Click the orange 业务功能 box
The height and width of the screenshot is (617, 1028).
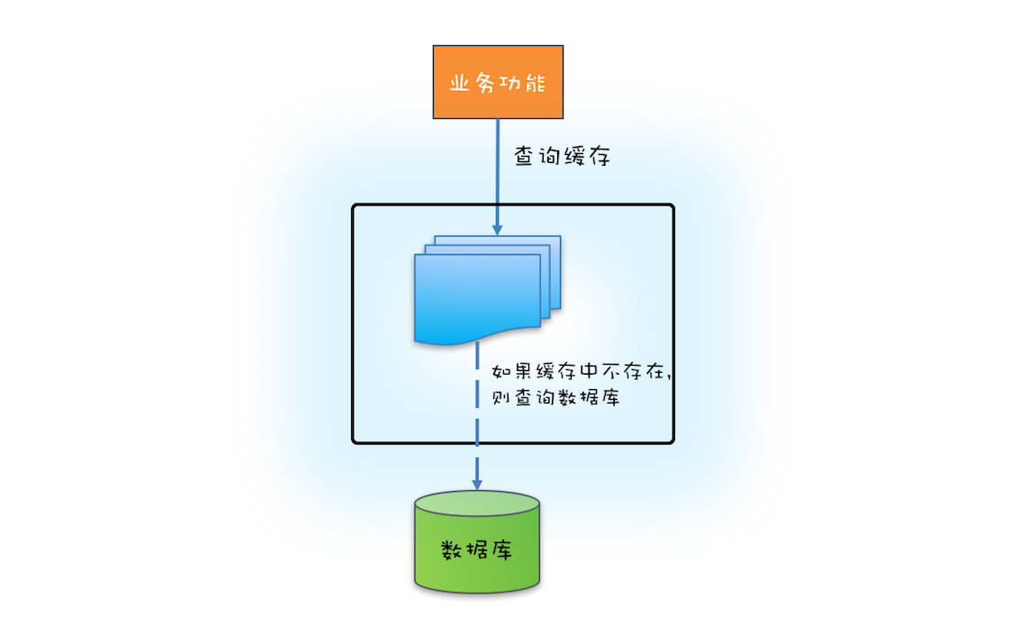pos(498,82)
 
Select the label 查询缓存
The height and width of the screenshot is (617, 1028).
pos(562,156)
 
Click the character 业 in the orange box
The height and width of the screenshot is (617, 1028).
pos(459,83)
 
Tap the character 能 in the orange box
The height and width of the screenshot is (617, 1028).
pos(537,83)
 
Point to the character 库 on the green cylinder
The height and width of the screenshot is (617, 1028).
pos(501,550)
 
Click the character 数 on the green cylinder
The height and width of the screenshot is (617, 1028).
pos(452,550)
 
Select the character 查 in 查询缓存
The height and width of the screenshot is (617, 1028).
pos(525,156)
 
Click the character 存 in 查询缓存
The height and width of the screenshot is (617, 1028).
pos(599,156)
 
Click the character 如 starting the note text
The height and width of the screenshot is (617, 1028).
pos(500,372)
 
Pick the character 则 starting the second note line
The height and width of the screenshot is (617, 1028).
pos(500,399)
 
